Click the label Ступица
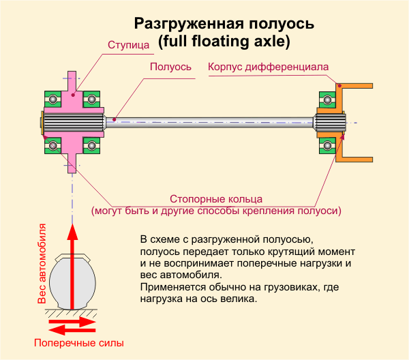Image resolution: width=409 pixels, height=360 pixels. coord(128,45)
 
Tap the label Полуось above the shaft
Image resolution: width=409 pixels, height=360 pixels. coord(170,67)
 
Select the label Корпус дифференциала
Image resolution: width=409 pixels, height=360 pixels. coord(268,67)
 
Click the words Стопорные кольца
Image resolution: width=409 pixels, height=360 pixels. coord(216,199)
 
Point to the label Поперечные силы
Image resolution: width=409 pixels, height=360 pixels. coord(79,343)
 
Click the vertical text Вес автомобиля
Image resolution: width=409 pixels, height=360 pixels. coord(42,263)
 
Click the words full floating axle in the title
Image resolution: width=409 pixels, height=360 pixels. coord(224,41)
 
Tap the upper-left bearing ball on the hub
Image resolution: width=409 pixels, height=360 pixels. coord(52,99)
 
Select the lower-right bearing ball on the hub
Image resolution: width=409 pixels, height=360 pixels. coord(91,145)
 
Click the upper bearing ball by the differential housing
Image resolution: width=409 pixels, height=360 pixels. coord(328,100)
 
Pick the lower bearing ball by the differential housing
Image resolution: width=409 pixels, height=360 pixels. coord(328,145)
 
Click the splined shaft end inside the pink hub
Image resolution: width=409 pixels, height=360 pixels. coord(74,123)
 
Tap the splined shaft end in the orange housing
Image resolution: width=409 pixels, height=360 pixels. coord(329,123)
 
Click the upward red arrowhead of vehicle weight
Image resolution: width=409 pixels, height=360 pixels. coord(72,232)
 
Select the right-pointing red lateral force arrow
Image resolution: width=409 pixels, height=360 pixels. coord(72,322)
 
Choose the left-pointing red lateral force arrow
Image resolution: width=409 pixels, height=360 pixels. coord(72,330)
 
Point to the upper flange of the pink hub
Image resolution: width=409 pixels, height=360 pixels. coord(72,81)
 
